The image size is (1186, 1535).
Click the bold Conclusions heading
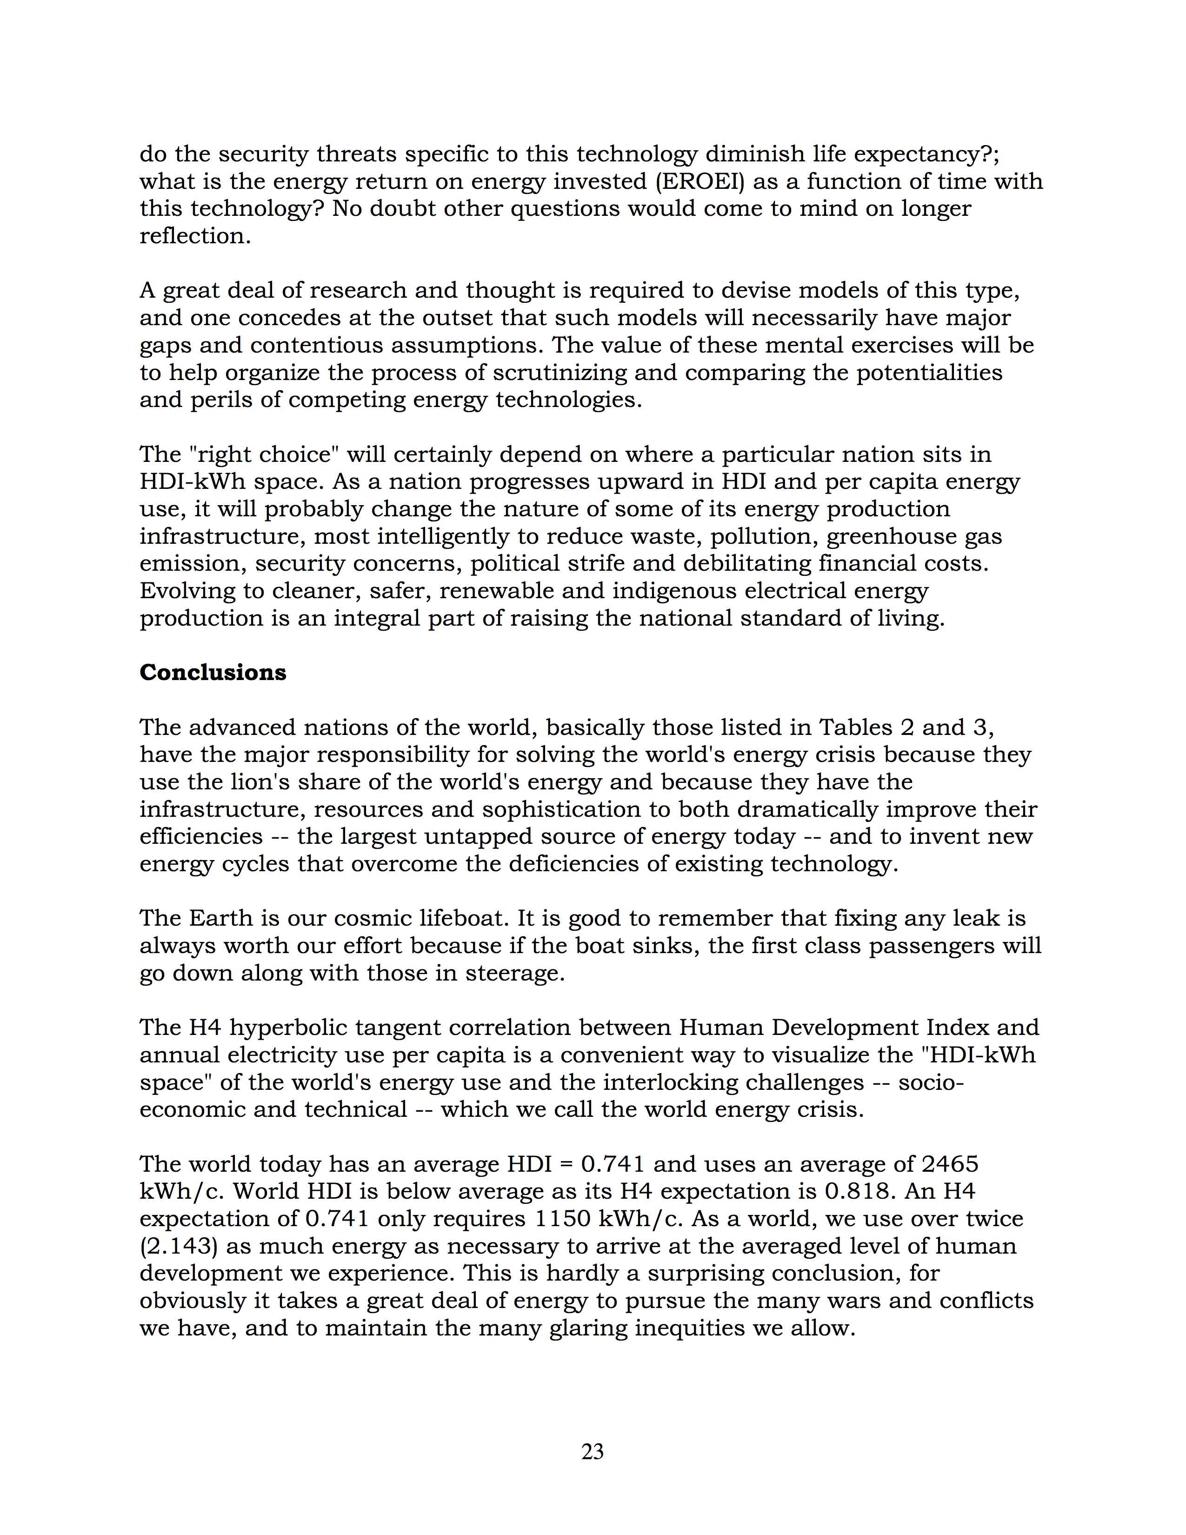point(213,672)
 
